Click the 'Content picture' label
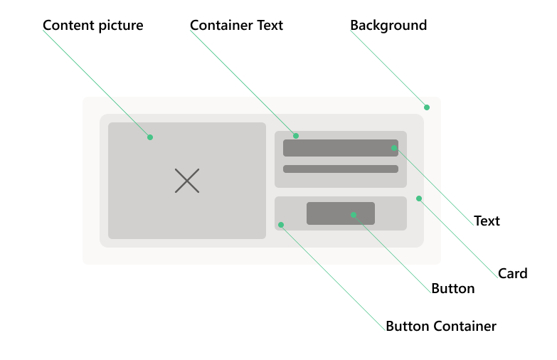pos(93,26)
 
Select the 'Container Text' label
pos(237,25)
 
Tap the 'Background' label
pos(388,26)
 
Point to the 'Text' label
pos(487,221)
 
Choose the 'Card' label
pos(513,274)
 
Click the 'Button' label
pos(453,289)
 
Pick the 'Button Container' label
pos(441,327)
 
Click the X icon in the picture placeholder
pos(187,181)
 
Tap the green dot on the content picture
pos(150,137)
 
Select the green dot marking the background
pos(427,107)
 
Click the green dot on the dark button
pos(354,215)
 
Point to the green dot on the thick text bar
pos(394,148)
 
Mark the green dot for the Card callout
pos(419,198)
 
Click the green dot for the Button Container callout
pos(281,225)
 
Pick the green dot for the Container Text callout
pos(296,136)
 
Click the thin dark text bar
pos(341,169)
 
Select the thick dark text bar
pos(341,148)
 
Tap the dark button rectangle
pos(341,213)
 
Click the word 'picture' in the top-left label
pos(121,26)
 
